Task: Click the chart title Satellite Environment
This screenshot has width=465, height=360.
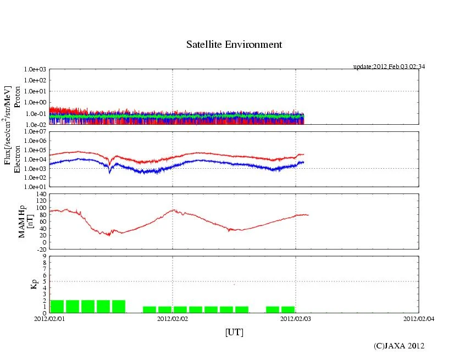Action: tap(234, 45)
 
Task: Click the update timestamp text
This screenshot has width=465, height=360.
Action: tap(389, 67)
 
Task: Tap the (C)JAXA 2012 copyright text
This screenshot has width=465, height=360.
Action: tap(399, 346)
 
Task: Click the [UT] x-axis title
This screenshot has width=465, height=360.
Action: tap(234, 333)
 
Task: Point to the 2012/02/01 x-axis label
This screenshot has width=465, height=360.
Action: tap(50, 318)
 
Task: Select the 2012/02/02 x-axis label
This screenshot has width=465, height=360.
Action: tap(173, 318)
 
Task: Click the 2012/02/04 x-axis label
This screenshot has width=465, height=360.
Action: tap(419, 318)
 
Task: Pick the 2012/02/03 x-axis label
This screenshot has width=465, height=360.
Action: tap(296, 318)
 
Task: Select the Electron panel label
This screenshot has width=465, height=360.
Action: tap(17, 159)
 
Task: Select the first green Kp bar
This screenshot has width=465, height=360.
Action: tap(57, 306)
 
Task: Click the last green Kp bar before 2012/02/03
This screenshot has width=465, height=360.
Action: tap(288, 309)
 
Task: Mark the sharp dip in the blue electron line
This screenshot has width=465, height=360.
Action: tap(109, 172)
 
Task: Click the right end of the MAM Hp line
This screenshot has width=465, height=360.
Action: tap(308, 215)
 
